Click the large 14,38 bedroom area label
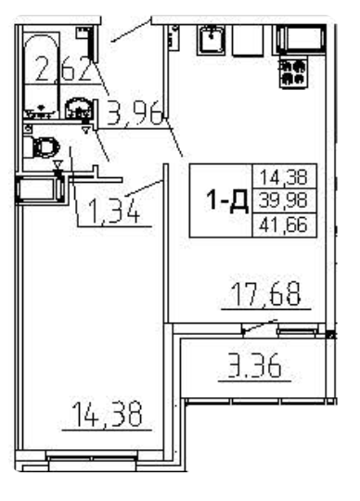pyautogui.click(x=109, y=414)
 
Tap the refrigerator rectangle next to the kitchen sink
pyautogui.click(x=248, y=42)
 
